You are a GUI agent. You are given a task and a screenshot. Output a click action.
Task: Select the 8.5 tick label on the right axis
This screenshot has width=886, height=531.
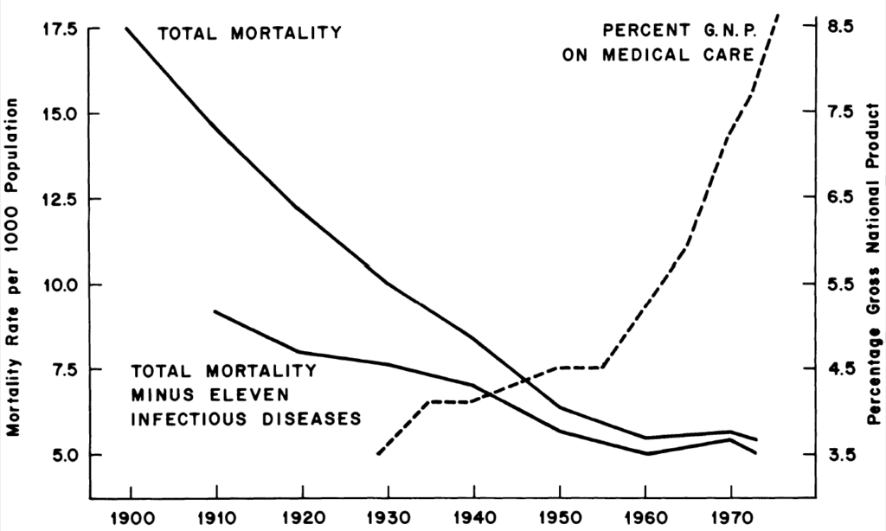coord(841,27)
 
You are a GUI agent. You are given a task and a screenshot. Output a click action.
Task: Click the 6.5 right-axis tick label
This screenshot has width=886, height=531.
coord(841,198)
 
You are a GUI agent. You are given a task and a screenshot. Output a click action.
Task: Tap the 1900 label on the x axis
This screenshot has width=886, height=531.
coord(130,519)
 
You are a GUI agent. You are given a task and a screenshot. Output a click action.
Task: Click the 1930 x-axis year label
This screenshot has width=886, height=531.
coord(388,519)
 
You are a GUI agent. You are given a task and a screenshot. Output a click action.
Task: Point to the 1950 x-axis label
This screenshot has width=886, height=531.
coord(562,519)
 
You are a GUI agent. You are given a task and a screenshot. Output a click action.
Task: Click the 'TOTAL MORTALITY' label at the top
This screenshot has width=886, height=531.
coord(249,35)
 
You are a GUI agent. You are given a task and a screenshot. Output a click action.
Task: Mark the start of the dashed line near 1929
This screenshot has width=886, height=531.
coord(378,453)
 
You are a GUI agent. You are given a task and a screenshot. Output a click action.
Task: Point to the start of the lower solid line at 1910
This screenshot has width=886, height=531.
coord(215,311)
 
